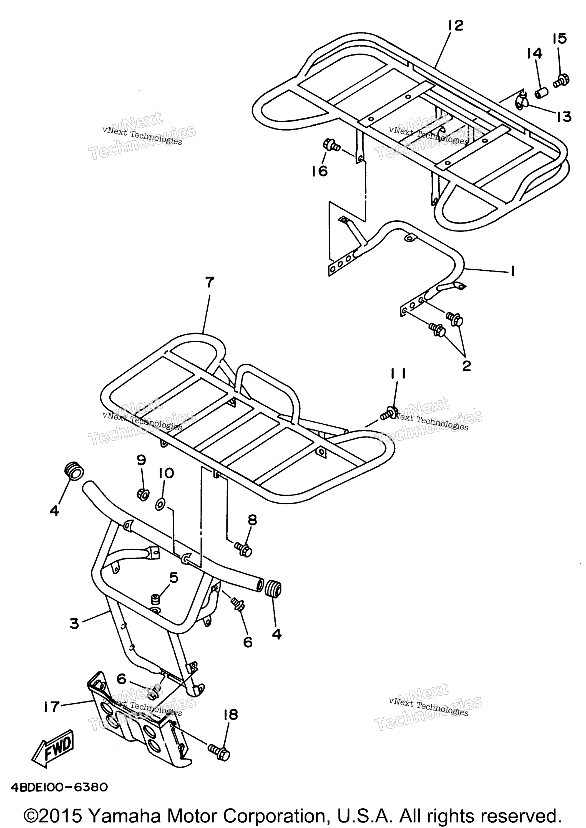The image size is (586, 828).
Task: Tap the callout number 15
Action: [560, 39]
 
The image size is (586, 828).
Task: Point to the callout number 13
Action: [564, 117]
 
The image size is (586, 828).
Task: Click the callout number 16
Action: [320, 171]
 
